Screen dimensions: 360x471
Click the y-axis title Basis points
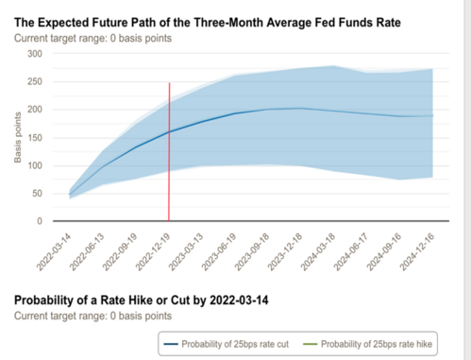pyautogui.click(x=19, y=138)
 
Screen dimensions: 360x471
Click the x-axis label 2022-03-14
pyautogui.click(x=57, y=248)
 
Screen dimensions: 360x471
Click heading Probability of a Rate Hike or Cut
pyautogui.click(x=143, y=300)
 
